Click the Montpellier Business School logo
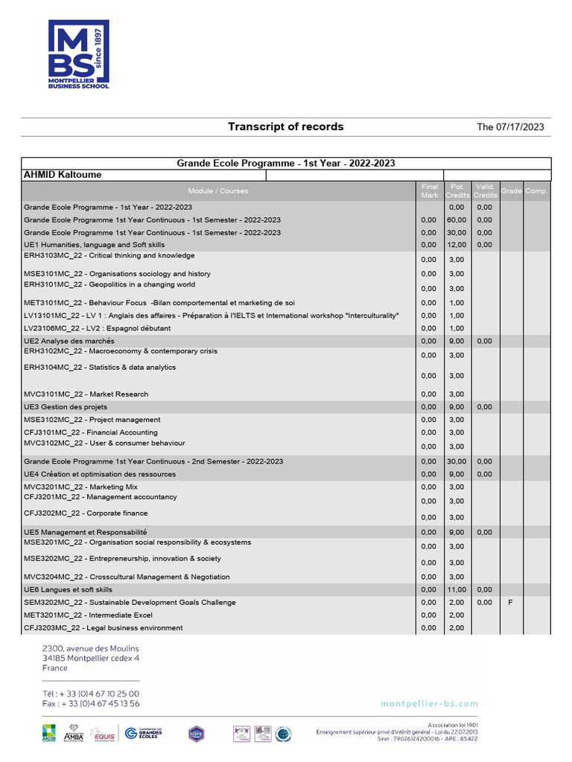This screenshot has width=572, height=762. [x=79, y=54]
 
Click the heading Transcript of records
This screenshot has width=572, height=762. [x=285, y=127]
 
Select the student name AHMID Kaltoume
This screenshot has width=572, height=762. [x=63, y=175]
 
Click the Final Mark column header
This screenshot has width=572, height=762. [x=430, y=190]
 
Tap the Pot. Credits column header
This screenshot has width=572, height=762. [x=457, y=190]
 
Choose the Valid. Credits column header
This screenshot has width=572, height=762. [x=484, y=190]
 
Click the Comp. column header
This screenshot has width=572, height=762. [x=536, y=191]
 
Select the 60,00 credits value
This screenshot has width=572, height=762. [x=457, y=220]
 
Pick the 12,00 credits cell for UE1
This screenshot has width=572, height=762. [x=457, y=245]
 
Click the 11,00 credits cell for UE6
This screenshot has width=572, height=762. [x=457, y=589]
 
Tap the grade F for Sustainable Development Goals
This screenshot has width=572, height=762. [x=510, y=602]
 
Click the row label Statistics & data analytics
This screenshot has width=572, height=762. [x=100, y=368]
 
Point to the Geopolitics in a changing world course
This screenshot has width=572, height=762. [x=109, y=284]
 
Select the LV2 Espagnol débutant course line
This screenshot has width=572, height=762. [x=97, y=328]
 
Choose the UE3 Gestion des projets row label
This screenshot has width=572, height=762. [x=66, y=407]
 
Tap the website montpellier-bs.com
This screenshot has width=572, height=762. [x=429, y=703]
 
